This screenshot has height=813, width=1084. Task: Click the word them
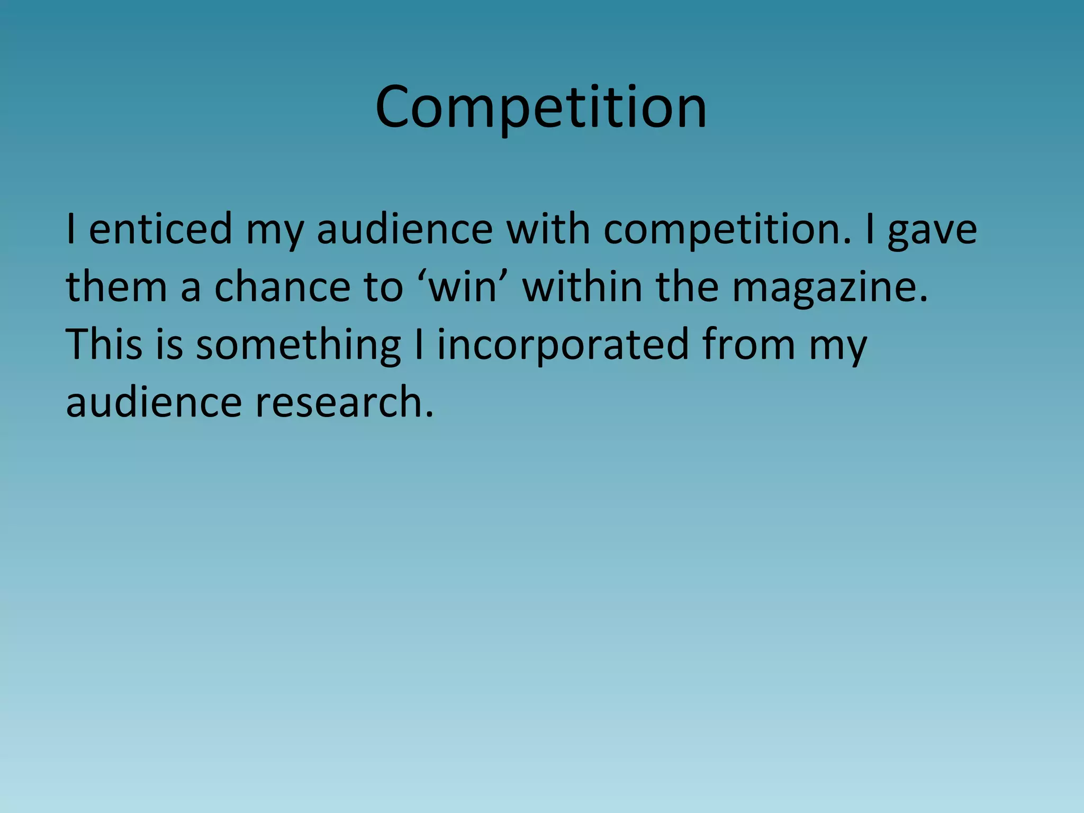point(116,286)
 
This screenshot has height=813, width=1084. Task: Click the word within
point(582,286)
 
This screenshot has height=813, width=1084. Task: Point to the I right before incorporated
point(419,344)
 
